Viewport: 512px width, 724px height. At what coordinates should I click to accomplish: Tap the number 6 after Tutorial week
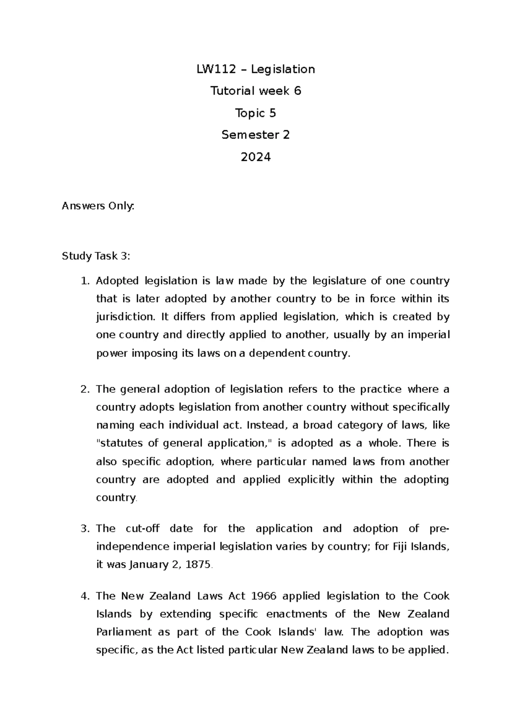tap(297, 91)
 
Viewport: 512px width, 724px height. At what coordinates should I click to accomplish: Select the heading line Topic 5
tap(256, 113)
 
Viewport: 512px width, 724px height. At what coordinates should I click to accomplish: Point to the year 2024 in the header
tap(256, 157)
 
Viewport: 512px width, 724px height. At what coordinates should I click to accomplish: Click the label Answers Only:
tap(98, 206)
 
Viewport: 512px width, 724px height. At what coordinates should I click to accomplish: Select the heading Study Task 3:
tap(96, 256)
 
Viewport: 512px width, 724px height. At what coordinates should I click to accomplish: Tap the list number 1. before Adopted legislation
tap(85, 281)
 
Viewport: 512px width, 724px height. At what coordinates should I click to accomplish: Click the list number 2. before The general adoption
tap(85, 389)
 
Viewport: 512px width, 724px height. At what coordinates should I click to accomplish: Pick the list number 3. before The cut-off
tap(85, 528)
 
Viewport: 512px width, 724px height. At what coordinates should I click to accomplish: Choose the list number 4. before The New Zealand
tap(85, 596)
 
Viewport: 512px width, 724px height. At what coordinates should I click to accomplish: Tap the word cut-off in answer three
tap(143, 528)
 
